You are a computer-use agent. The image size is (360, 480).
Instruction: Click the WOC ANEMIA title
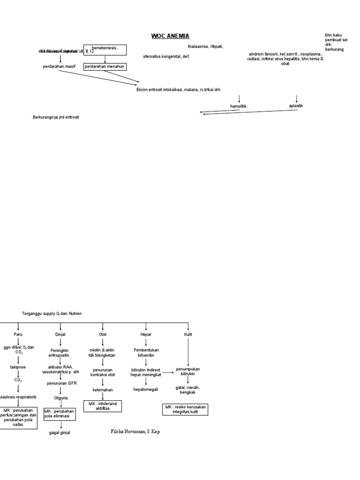pyautogui.click(x=170, y=36)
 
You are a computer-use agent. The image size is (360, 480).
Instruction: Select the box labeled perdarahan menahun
pyautogui.click(x=105, y=67)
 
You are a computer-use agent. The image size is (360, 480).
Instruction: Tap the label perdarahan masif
pyautogui.click(x=59, y=67)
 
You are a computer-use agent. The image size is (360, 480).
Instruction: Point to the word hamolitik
pyautogui.click(x=238, y=106)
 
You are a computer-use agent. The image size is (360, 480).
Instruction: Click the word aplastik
pyautogui.click(x=296, y=106)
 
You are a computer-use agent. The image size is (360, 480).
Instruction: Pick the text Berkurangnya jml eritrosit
pyautogui.click(x=56, y=117)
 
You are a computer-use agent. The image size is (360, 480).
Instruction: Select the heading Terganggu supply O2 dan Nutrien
pyautogui.click(x=52, y=313)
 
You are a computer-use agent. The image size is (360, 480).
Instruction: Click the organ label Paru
pyautogui.click(x=18, y=334)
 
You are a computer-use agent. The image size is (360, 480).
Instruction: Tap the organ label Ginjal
pyautogui.click(x=60, y=334)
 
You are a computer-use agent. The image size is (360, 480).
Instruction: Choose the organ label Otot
pyautogui.click(x=103, y=334)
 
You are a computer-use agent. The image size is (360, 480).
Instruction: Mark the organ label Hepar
pyautogui.click(x=146, y=334)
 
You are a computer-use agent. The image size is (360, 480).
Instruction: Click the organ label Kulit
pyautogui.click(x=188, y=334)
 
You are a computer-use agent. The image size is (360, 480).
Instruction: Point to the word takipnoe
pyautogui.click(x=18, y=367)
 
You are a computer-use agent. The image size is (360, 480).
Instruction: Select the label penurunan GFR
pyautogui.click(x=60, y=383)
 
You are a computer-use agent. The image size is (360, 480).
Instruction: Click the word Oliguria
pyautogui.click(x=60, y=397)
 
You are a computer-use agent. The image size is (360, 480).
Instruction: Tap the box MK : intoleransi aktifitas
pyautogui.click(x=103, y=406)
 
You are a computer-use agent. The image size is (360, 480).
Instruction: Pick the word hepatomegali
pyautogui.click(x=146, y=389)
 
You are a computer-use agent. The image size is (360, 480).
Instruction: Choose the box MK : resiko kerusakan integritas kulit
pyautogui.click(x=186, y=409)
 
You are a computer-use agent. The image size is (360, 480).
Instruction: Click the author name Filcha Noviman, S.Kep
pyautogui.click(x=135, y=431)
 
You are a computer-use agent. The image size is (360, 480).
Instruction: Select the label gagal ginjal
pyautogui.click(x=60, y=433)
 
